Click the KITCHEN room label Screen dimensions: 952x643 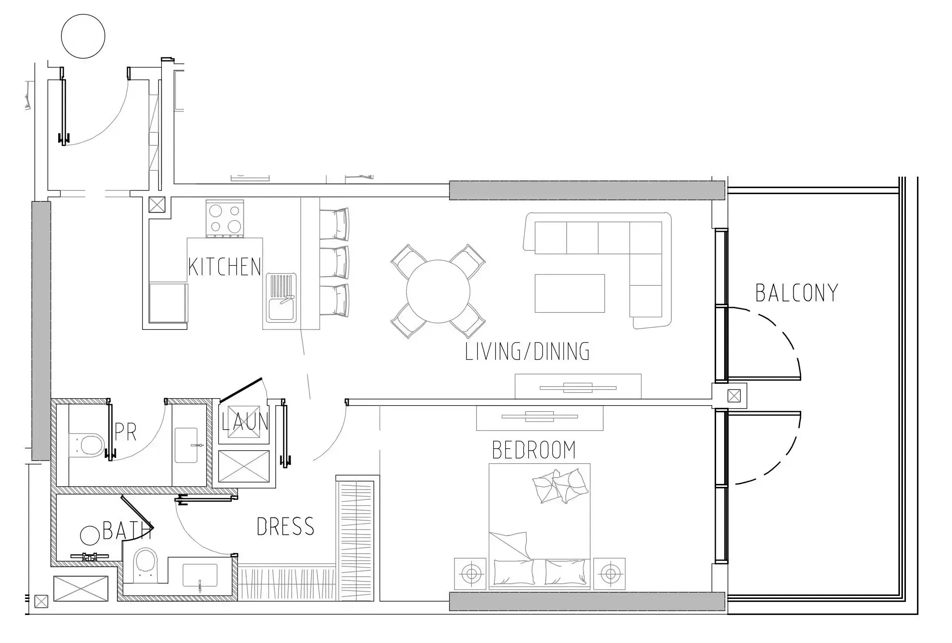coord(225,267)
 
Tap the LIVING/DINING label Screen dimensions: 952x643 coord(527,351)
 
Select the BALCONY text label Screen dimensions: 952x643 coord(797,293)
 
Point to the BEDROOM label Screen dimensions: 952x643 coord(534,450)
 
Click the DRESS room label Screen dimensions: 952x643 coord(285,526)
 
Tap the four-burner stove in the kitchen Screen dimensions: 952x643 coord(225,219)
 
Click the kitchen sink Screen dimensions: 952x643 coord(281,298)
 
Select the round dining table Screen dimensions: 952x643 coord(438,292)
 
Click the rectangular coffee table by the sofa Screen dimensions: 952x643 coord(569,293)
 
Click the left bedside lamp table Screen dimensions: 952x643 coord(470,572)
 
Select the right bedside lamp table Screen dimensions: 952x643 coord(609,572)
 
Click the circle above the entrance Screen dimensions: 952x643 coord(83,36)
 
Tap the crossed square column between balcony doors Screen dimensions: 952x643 coord(734,396)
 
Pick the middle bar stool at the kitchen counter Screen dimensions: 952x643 coord(334,261)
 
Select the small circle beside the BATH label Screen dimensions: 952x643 coord(90,535)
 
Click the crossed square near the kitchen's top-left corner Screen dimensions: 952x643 coord(157,205)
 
